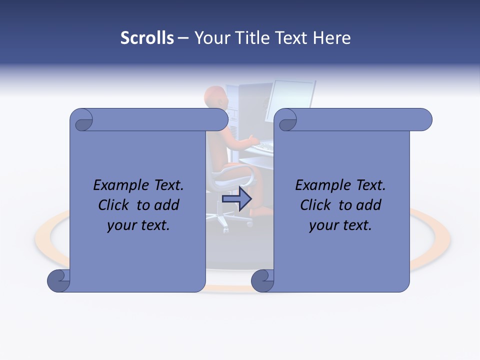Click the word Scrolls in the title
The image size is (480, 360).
pyautogui.click(x=147, y=38)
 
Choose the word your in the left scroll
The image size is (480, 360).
pyautogui.click(x=120, y=225)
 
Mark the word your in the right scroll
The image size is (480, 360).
pyautogui.click(x=322, y=225)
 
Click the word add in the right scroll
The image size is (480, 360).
pyautogui.click(x=369, y=205)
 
